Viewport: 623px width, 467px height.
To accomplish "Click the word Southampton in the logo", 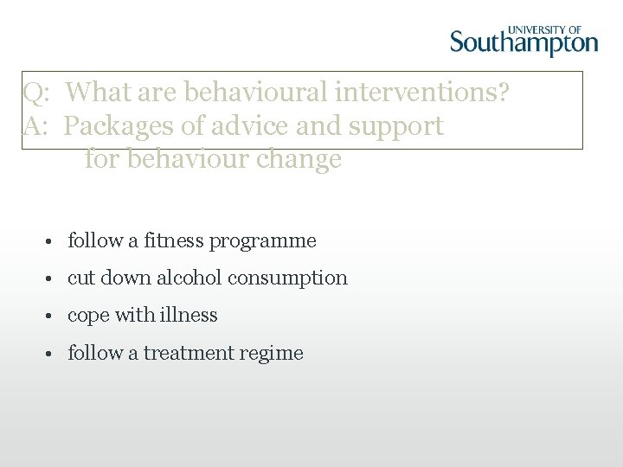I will (523, 42).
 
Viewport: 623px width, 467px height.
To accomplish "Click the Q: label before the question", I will (36, 91).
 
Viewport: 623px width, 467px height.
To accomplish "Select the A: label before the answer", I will (36, 125).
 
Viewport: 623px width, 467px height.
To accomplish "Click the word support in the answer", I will (396, 125).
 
